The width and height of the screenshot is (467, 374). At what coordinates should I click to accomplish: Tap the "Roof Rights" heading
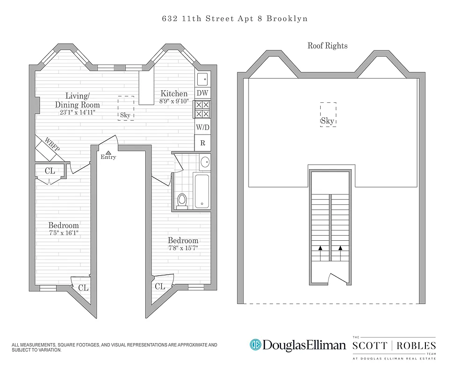coord(327,46)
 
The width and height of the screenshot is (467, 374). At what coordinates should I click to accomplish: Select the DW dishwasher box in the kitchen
coord(202,93)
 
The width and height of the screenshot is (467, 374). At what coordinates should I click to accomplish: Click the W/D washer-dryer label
coord(202,127)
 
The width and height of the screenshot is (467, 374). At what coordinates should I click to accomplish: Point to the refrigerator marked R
coord(202,143)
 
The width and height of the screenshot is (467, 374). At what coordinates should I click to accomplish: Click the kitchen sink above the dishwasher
coord(202,78)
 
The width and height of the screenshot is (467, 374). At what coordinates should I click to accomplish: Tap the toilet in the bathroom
coord(182,200)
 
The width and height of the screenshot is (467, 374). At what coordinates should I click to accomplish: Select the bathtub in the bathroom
coord(202,190)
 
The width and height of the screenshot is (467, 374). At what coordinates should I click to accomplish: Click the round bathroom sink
coord(204,163)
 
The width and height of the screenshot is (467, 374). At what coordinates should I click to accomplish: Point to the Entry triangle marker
coord(108,152)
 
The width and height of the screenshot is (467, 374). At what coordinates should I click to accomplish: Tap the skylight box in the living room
coord(126,108)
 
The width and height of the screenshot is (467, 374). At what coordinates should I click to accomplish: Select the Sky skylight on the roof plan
coord(328,114)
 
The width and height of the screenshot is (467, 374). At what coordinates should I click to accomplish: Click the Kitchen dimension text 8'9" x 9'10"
coord(174,101)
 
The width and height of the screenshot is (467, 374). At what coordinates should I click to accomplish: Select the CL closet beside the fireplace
coord(50,171)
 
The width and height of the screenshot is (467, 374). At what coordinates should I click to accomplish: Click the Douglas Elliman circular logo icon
coord(255,345)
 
